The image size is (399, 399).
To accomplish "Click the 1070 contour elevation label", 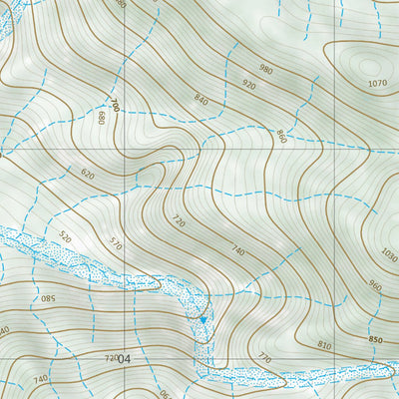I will (376, 83).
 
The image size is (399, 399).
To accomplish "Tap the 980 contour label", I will (265, 69).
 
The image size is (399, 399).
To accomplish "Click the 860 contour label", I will (281, 136).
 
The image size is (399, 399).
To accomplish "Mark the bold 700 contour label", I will (116, 104).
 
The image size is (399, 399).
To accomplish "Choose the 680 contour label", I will (100, 119).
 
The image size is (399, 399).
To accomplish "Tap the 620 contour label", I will (88, 175).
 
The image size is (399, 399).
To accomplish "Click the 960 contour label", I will (374, 286).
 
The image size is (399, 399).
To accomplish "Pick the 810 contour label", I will (323, 345).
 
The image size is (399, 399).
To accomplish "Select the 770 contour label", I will (264, 357).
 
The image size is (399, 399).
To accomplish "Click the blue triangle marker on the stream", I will (203, 319).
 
